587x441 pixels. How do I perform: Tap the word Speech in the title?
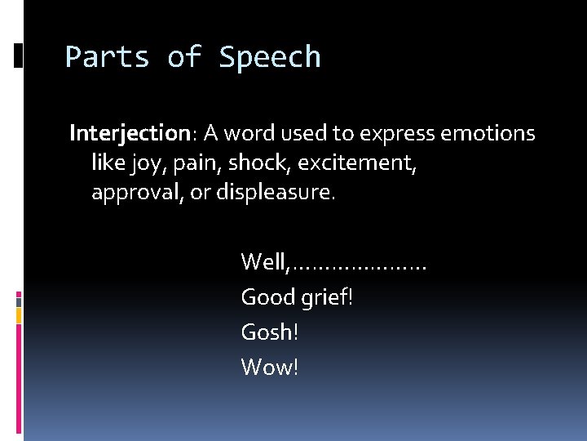[x=270, y=58]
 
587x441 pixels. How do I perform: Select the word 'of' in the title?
[x=184, y=57]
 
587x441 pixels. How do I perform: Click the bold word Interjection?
[x=130, y=133]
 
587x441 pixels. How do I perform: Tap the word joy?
[x=145, y=163]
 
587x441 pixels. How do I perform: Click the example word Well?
[x=264, y=262]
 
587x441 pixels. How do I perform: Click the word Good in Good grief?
[x=267, y=296]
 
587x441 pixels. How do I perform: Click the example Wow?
[x=270, y=367]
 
